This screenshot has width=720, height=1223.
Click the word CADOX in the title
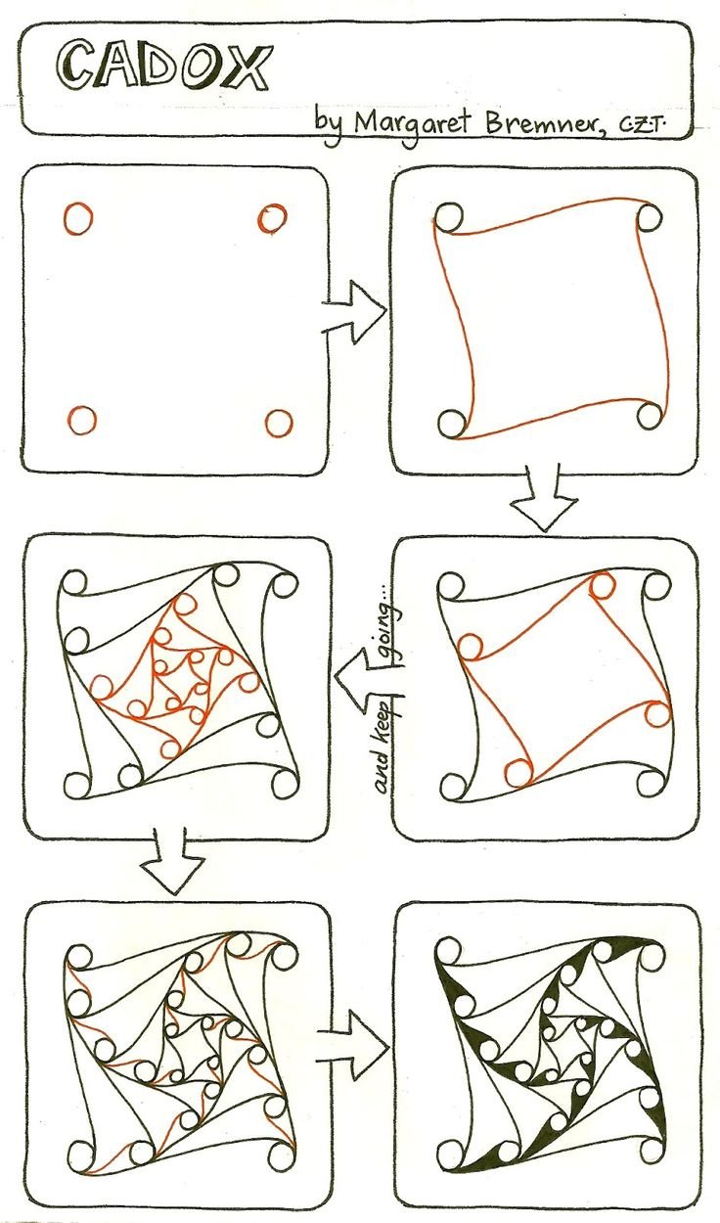click(163, 68)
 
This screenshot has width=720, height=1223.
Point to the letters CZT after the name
click(644, 126)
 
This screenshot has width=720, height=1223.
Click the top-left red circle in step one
click(78, 219)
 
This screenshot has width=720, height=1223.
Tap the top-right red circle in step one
click(272, 218)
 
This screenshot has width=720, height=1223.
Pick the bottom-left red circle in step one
click(82, 421)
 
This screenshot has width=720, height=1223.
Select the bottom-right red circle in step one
click(279, 423)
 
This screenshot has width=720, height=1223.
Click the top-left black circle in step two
click(450, 217)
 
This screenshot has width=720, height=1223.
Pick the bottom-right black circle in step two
click(650, 416)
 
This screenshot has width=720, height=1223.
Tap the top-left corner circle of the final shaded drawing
click(449, 952)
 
